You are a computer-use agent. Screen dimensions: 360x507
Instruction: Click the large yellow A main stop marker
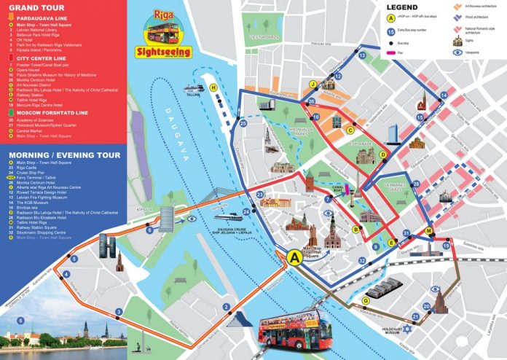point(295,257)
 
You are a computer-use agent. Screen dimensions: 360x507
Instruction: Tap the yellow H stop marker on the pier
point(214,88)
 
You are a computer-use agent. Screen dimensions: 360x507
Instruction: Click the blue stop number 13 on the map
point(362,55)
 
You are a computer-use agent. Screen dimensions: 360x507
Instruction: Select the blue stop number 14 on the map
point(443,95)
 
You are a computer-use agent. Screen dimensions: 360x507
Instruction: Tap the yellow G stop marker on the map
point(366,300)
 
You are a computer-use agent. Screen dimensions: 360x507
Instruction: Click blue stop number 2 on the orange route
point(227,307)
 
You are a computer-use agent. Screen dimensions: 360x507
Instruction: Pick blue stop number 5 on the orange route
point(74,259)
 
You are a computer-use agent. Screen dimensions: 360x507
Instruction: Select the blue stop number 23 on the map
point(260,195)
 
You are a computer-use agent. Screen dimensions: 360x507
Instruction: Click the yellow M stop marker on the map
point(429,231)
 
